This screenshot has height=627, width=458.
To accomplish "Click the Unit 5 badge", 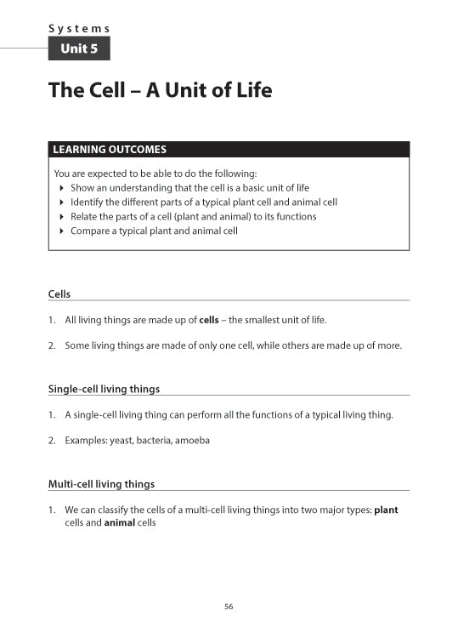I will [79, 49].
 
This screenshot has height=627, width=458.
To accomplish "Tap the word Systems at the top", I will [79, 28].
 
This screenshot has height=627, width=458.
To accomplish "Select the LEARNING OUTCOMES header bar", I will [229, 150].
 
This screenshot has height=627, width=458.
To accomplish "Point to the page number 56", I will [229, 607].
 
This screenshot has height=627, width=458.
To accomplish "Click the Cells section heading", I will [59, 294].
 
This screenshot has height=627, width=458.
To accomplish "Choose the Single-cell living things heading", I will [104, 389].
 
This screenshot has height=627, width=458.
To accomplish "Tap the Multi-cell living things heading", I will [101, 484].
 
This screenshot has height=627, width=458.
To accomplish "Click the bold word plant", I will [386, 510].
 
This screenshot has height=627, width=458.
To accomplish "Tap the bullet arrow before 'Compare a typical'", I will [61, 231].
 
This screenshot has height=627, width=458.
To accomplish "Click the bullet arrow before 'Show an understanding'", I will [61, 187].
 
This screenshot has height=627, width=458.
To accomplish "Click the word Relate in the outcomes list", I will [84, 216].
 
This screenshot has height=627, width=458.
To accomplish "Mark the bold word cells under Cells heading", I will [209, 320].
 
